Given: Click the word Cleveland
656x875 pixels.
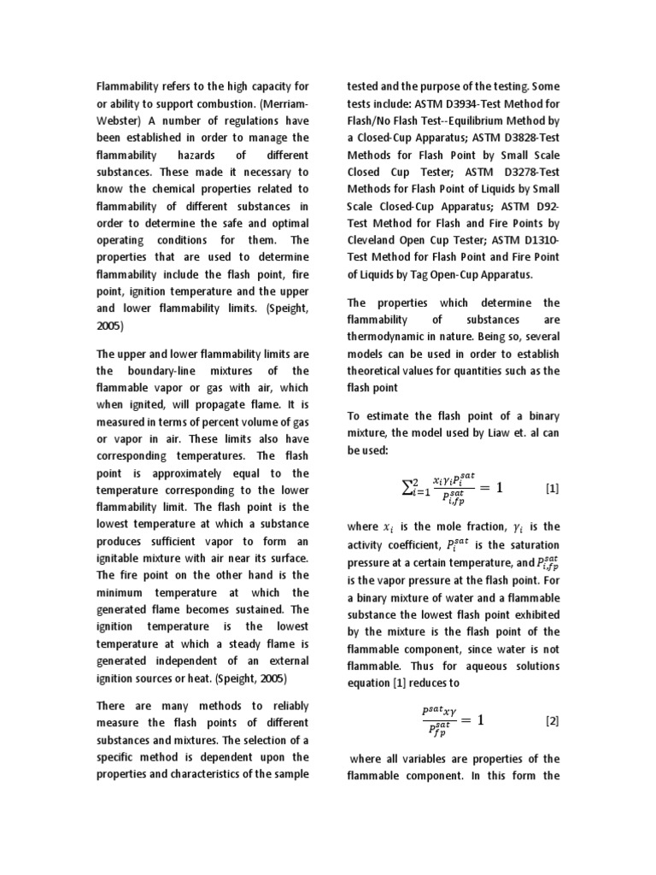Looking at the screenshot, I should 374,240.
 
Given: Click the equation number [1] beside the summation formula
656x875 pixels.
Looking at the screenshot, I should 552,488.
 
